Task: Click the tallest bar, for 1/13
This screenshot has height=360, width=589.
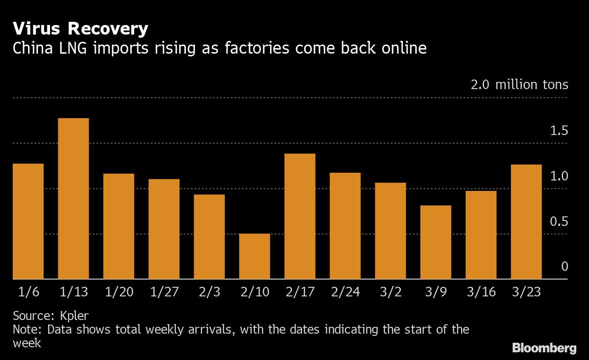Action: [73, 199]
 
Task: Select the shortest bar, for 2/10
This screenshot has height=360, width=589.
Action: [255, 256]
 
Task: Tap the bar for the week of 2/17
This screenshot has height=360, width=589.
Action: [300, 216]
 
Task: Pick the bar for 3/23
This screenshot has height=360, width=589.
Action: [526, 222]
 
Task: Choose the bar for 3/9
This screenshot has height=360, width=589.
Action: [436, 242]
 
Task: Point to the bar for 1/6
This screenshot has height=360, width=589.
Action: [28, 221]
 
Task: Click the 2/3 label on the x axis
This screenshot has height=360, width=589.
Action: [209, 291]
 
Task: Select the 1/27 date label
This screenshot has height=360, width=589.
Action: [164, 291]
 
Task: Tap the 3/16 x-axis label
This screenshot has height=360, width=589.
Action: [481, 291]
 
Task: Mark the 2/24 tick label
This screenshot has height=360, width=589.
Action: [345, 291]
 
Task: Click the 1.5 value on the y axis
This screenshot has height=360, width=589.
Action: [559, 131]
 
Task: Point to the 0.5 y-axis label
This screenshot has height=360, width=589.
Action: [559, 222]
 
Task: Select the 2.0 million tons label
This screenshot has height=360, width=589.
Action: [519, 85]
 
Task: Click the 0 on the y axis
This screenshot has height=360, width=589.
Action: [565, 267]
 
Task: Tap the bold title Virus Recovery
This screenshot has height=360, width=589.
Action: [80, 29]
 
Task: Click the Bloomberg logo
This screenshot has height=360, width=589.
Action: [544, 348]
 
